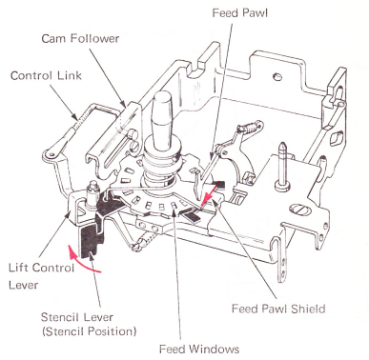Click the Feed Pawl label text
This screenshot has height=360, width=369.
pos(240,13)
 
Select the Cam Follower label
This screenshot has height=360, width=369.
pos(80,38)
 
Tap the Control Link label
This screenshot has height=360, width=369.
pos(46,75)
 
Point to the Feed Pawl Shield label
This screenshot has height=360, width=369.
pos(278,309)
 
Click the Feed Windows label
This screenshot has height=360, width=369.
pos(199,349)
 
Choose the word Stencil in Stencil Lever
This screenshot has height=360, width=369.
pos(60,317)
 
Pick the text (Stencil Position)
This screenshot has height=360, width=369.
pos(90,331)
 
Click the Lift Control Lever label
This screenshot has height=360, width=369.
pos(41,276)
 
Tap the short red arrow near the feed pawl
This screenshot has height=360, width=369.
pos(210,194)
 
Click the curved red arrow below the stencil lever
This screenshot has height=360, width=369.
pos(80,264)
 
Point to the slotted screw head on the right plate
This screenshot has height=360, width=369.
pos(298,210)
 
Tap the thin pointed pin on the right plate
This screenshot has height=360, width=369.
pos(282,165)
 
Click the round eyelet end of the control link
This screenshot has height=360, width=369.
pos(51,153)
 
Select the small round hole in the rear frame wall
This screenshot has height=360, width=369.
pos(277,76)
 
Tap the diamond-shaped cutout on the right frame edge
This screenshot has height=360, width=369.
pos(337,138)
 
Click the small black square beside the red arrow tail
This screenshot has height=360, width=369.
pos(220,184)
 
